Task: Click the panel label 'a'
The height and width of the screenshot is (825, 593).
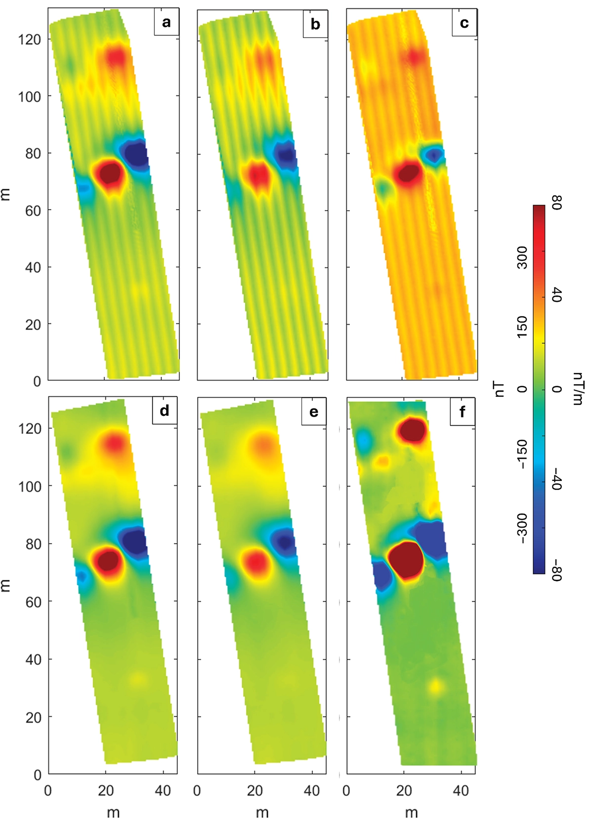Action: [166, 22]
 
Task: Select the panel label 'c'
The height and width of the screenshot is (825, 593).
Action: [464, 23]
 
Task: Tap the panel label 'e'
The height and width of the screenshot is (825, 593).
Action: [314, 411]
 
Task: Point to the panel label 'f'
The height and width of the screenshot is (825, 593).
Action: [463, 411]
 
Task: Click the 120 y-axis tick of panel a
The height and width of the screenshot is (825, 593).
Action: [30, 40]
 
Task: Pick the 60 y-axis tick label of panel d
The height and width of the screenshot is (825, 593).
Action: [33, 602]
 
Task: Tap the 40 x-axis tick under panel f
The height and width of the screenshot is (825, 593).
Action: [461, 791]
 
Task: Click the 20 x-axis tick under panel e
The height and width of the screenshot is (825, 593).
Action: [255, 791]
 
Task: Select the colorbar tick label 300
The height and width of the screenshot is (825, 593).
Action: [522, 258]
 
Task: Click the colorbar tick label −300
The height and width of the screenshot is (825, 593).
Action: [522, 528]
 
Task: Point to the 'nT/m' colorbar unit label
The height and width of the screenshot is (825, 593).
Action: [576, 389]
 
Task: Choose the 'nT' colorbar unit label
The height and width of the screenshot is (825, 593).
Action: [500, 389]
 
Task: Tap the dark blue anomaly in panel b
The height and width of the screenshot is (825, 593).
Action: [287, 156]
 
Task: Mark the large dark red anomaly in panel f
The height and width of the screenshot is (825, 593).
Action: [406, 560]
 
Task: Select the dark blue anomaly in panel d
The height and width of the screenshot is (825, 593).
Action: [134, 541]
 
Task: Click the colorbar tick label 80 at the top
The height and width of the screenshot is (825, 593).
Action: [556, 202]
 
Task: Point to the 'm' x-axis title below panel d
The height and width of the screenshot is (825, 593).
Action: [113, 812]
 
